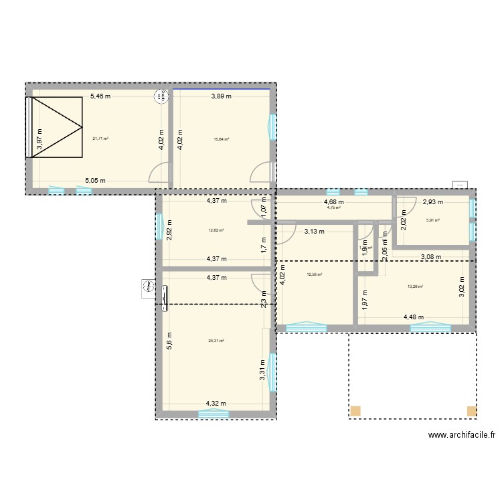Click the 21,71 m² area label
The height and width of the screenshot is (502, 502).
pyautogui.click(x=100, y=139)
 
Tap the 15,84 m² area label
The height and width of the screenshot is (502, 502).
pyautogui.click(x=222, y=139)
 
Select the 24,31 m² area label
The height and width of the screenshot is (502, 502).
pyautogui.click(x=216, y=340)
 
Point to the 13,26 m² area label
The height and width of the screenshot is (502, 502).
pyautogui.click(x=416, y=287)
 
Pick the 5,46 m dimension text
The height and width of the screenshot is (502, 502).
pyautogui.click(x=100, y=96)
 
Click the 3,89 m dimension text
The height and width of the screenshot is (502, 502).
pyautogui.click(x=222, y=96)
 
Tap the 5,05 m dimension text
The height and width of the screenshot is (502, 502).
pyautogui.click(x=94, y=181)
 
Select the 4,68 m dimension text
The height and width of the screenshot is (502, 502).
pyautogui.click(x=334, y=201)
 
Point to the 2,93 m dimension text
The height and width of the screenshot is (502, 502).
pyautogui.click(x=432, y=201)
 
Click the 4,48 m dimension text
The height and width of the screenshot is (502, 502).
pyautogui.click(x=414, y=318)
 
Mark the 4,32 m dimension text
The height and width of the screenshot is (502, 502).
pyautogui.click(x=216, y=404)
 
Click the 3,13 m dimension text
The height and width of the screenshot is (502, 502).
pyautogui.click(x=315, y=232)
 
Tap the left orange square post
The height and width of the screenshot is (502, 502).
pyautogui.click(x=355, y=411)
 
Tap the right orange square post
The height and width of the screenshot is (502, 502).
pyautogui.click(x=472, y=411)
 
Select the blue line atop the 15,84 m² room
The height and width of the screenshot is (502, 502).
pyautogui.click(x=222, y=89)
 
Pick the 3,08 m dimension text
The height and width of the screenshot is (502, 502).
pyautogui.click(x=431, y=256)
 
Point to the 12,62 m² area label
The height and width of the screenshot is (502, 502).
pyautogui.click(x=216, y=230)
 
